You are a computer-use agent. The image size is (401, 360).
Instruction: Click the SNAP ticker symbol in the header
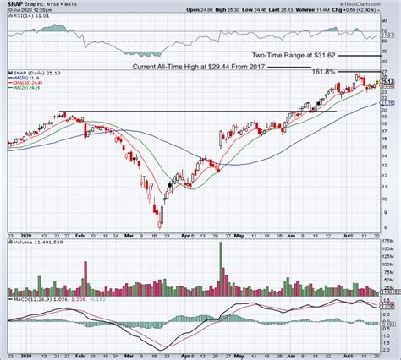14,4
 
